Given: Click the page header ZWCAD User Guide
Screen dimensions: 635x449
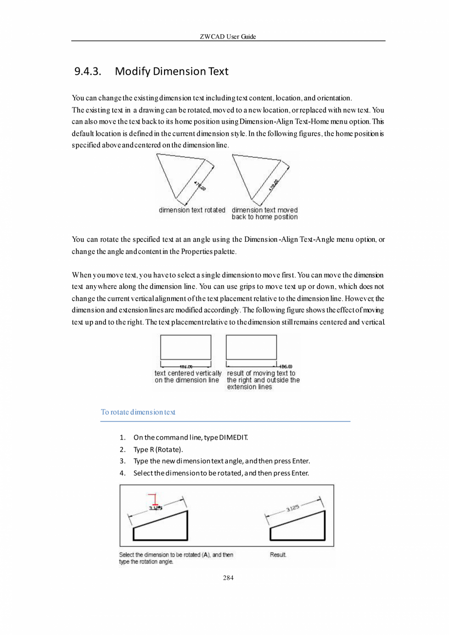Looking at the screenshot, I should (x=228, y=37).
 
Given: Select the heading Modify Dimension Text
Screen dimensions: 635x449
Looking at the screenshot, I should (x=171, y=72).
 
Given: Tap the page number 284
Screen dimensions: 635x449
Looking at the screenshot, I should (x=228, y=578).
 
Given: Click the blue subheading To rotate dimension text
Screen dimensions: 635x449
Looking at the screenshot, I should (x=138, y=412).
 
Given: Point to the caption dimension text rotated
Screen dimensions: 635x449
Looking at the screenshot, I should (x=192, y=210).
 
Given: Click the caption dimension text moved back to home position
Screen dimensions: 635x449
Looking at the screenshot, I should (x=265, y=213).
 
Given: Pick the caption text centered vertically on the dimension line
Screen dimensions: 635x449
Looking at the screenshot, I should (x=188, y=377).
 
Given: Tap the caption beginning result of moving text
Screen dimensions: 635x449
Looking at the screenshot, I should (x=263, y=380).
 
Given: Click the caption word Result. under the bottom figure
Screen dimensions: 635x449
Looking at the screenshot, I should (x=278, y=555).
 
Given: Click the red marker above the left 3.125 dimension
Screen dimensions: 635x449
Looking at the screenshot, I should (x=154, y=500).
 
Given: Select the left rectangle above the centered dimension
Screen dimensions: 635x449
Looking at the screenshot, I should (x=185, y=347).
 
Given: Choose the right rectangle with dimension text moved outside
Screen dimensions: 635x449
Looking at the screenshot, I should (x=251, y=347).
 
